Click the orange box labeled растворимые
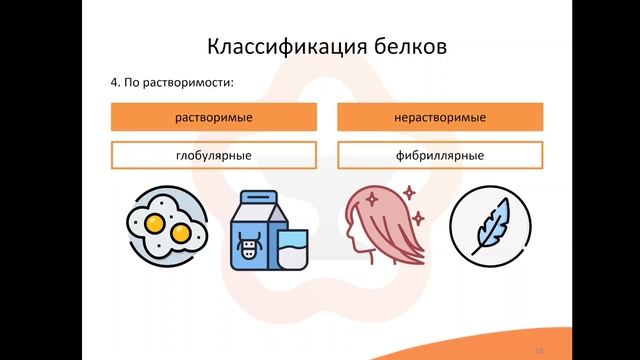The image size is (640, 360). pos(213,119)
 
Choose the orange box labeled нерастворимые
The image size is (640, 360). pos(440,119)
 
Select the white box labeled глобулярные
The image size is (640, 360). pos(213,156)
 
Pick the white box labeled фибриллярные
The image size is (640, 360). pos(440,156)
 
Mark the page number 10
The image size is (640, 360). pos(539,350)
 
